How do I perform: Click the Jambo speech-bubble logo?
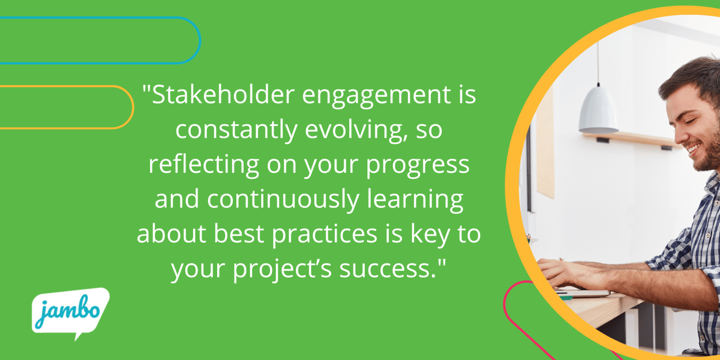tap(70, 313)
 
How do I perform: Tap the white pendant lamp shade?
tap(598, 111)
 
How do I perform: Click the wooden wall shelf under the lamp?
tap(630, 140)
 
